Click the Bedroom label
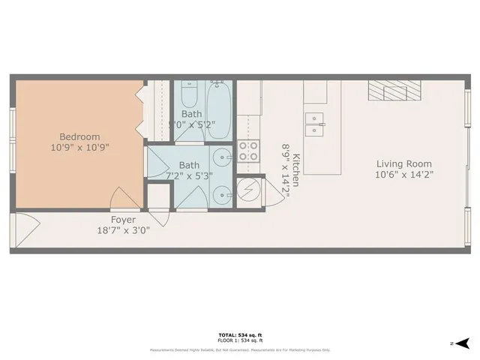[80, 136]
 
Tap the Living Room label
[403, 163]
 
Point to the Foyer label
[123, 220]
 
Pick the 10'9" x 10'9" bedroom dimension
[80, 148]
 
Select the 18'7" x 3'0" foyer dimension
[124, 230]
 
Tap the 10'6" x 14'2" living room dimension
[403, 174]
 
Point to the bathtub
[219, 110]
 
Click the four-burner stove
[247, 151]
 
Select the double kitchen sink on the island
[314, 121]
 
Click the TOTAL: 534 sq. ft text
[239, 334]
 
